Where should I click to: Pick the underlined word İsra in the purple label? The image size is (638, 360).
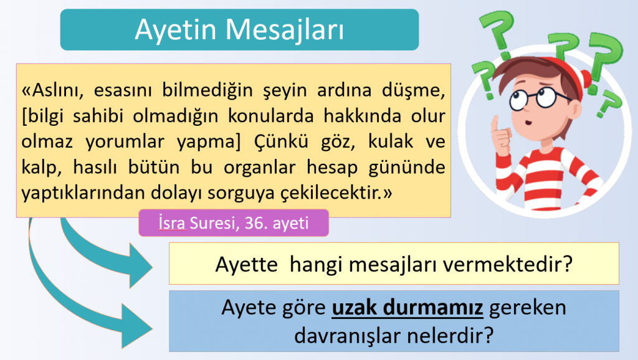(172, 223)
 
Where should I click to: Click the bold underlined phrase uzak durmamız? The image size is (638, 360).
(408, 308)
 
